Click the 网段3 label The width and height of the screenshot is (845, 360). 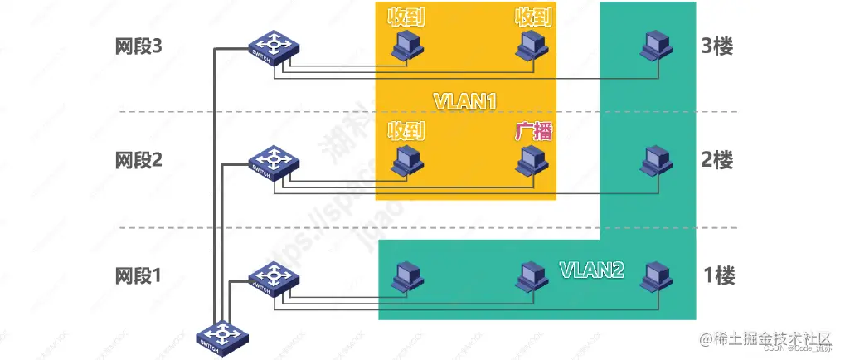tap(138, 46)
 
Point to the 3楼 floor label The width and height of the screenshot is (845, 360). tap(717, 46)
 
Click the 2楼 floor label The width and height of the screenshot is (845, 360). tap(717, 160)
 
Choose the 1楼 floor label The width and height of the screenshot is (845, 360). tap(717, 275)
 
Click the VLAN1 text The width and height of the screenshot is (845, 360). tap(464, 101)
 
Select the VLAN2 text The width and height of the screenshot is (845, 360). tap(591, 269)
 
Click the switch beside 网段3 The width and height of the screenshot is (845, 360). tap(273, 51)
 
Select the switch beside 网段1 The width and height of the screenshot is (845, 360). tap(273, 278)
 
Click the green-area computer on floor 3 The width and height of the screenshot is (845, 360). tap(655, 46)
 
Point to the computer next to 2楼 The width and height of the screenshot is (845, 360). tap(655, 161)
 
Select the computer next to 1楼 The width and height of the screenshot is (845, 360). tap(655, 276)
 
